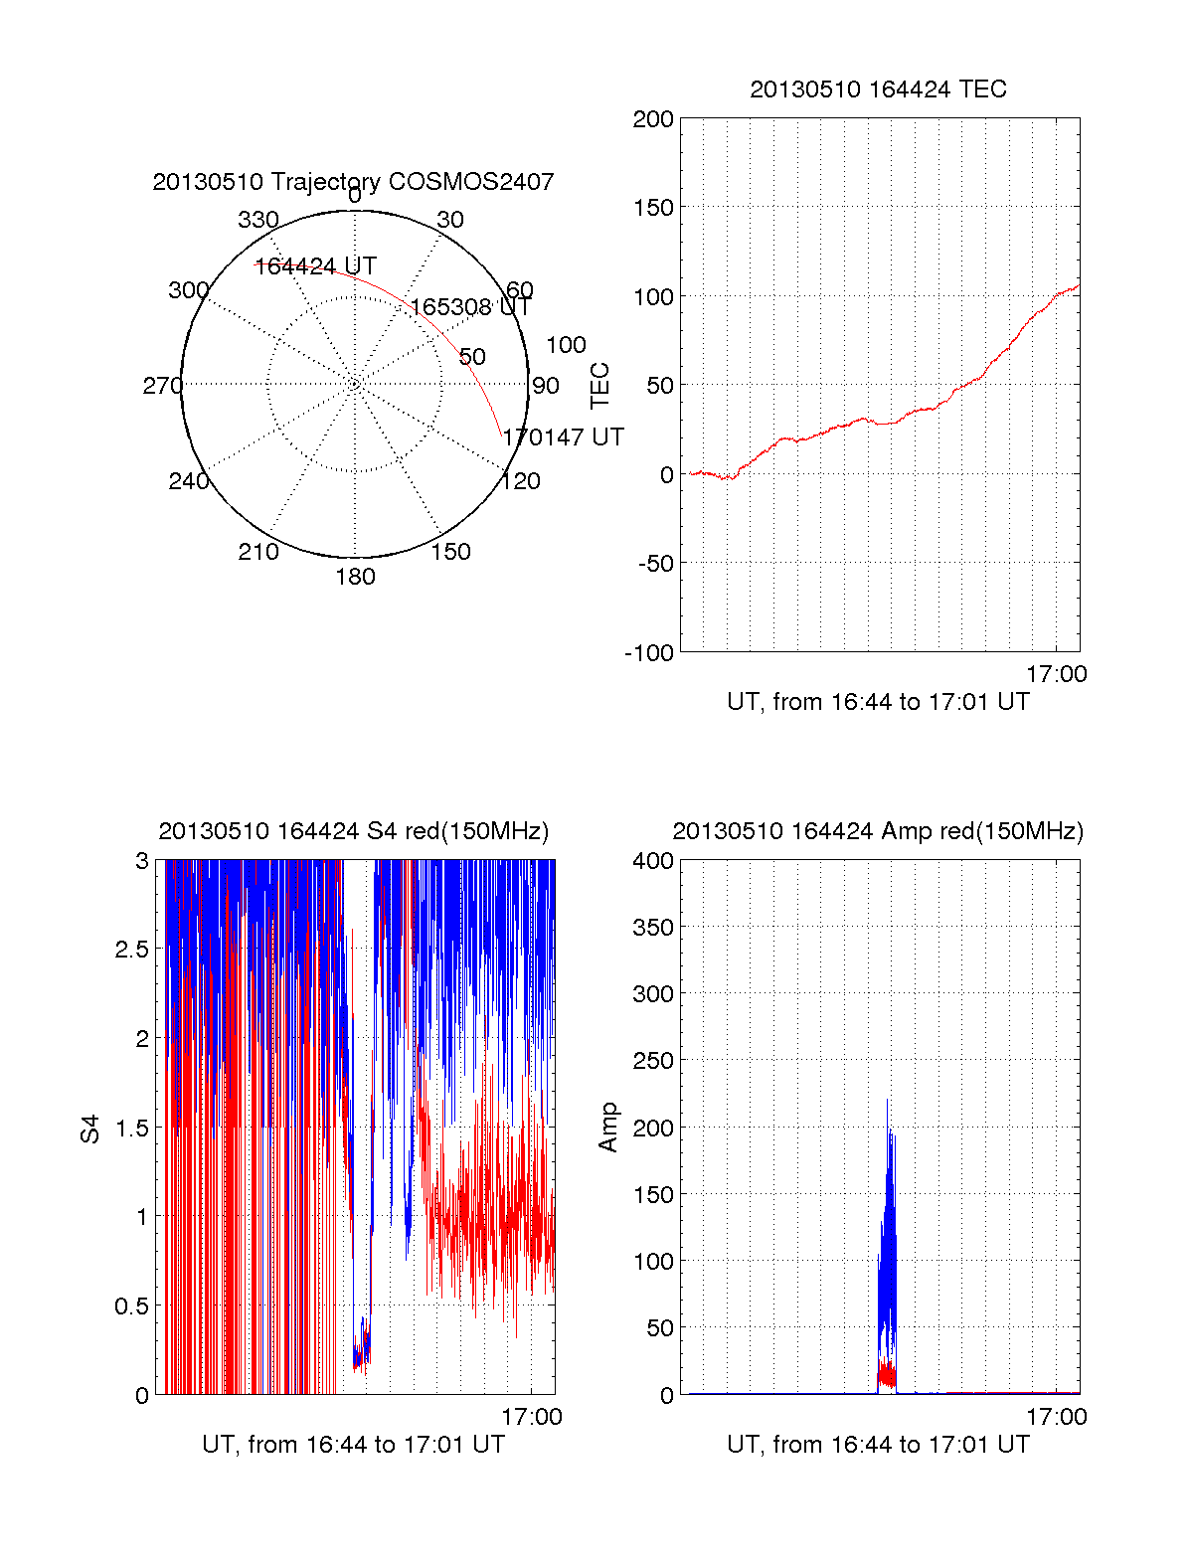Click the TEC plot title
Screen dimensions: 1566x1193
point(878,89)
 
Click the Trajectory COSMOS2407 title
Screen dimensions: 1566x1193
point(353,182)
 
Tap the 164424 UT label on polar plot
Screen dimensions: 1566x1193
point(315,266)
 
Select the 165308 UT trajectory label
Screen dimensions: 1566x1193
point(471,307)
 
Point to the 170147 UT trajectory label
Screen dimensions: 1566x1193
point(563,437)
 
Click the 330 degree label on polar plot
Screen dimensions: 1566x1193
point(257,220)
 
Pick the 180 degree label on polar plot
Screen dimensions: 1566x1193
point(355,577)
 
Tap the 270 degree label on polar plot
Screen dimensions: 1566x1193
point(162,386)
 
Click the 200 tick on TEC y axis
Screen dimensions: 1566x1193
point(653,119)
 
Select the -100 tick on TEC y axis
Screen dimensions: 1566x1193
point(649,653)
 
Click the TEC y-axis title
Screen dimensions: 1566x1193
point(600,386)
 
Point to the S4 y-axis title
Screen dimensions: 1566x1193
point(90,1129)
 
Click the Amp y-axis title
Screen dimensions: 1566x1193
point(607,1128)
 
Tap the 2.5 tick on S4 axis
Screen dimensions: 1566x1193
point(132,950)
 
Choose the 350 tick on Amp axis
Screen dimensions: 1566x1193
point(653,928)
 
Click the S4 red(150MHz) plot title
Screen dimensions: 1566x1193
point(353,831)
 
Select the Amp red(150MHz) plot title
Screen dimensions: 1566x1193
point(878,831)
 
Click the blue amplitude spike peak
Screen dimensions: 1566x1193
point(887,1101)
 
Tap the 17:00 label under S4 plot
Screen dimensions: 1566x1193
point(532,1417)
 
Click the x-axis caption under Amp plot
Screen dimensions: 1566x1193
point(878,1445)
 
